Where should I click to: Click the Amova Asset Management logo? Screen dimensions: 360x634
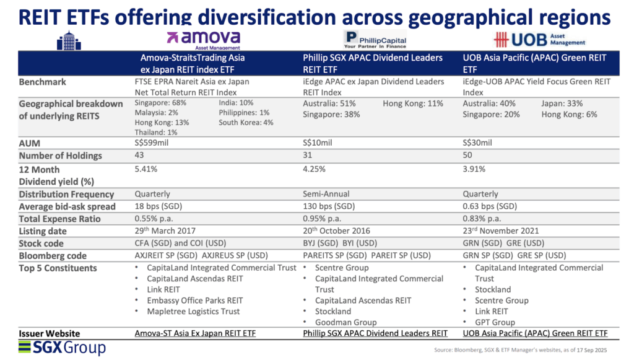point(207,40)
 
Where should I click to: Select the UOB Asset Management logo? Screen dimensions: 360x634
point(539,40)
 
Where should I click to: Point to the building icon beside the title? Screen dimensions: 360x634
point(69,41)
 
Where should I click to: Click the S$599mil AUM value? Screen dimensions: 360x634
point(152,143)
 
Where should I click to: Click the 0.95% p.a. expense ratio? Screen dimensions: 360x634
point(323,219)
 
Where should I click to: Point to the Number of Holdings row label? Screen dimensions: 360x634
point(60,156)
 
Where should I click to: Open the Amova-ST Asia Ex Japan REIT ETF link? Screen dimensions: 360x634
point(195,334)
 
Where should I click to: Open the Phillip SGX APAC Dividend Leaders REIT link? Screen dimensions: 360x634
point(375,334)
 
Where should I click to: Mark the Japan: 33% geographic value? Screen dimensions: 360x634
point(562,103)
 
